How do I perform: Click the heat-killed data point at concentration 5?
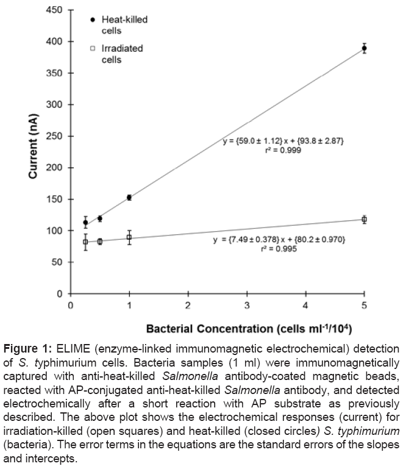click(x=364, y=48)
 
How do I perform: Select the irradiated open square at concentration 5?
click(x=364, y=219)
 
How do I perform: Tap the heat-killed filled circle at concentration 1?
click(x=129, y=198)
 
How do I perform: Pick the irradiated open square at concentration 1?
click(x=129, y=237)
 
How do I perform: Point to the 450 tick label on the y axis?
click(x=54, y=10)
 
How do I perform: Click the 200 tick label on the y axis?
click(x=54, y=168)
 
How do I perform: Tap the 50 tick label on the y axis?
click(x=57, y=262)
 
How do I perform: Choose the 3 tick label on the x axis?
click(x=247, y=304)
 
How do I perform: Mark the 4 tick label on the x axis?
click(x=305, y=304)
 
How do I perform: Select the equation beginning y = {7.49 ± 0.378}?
click(x=280, y=240)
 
